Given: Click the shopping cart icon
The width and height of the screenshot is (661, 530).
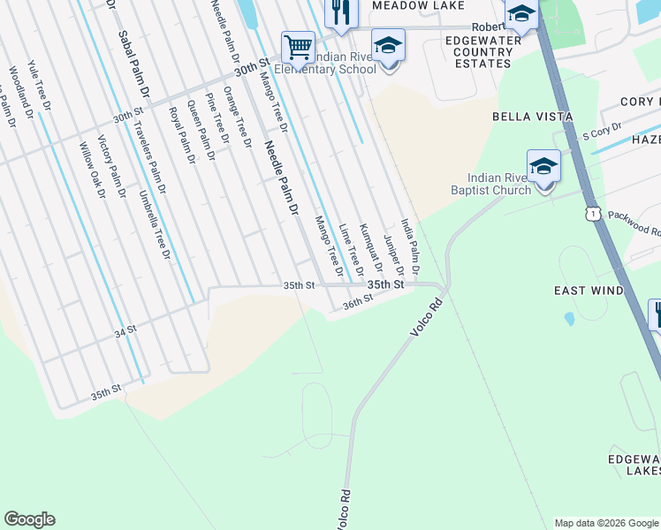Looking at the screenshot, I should click(299, 47).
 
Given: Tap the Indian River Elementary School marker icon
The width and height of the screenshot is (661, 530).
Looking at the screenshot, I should click(388, 46).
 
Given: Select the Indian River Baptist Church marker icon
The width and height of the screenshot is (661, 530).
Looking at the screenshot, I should click(543, 167).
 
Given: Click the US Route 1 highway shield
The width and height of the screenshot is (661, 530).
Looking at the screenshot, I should click(592, 213).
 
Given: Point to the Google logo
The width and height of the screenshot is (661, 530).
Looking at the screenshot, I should click(29, 519).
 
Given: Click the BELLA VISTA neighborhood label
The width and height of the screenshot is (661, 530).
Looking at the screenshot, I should click(533, 117).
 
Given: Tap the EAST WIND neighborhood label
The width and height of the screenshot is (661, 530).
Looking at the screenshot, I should click(589, 291).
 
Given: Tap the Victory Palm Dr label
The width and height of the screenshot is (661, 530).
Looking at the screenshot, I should click(111, 167).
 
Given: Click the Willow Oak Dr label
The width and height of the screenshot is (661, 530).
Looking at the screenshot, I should click(91, 171).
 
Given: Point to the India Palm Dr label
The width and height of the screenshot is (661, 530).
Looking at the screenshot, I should click(409, 246).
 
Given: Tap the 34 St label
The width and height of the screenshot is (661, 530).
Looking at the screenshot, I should click(126, 332).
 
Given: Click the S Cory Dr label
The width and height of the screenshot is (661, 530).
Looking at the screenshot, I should click(602, 133).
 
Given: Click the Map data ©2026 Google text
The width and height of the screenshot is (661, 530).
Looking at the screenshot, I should click(605, 523).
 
